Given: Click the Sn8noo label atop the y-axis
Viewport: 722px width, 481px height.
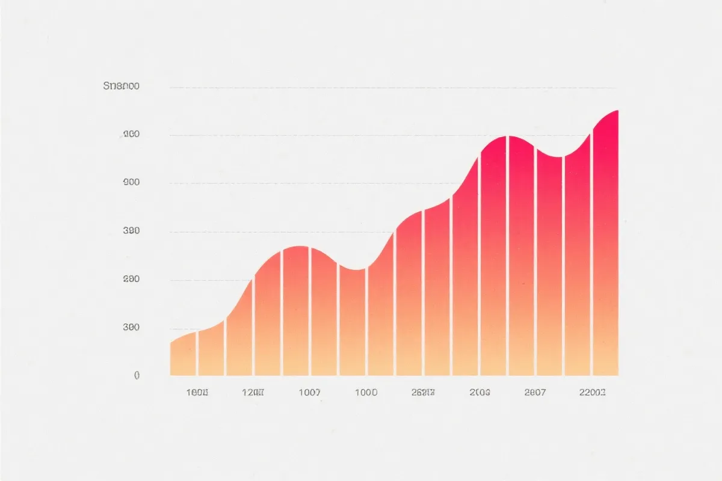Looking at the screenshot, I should click(122, 87).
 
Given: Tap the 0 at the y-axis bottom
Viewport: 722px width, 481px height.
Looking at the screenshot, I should click(137, 375).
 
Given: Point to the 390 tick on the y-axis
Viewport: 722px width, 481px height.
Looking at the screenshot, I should click(131, 231).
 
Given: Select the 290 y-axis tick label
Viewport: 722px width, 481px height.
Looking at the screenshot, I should click(131, 280).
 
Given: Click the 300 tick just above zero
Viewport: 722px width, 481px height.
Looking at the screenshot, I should click(131, 328).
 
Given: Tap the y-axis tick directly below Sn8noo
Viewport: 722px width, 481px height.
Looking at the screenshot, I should click(131, 135).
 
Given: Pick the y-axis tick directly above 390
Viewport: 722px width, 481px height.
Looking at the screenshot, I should click(131, 183).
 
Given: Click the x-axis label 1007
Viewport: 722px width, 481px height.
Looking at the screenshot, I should click(309, 393).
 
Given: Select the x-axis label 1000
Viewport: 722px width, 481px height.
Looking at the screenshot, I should click(366, 393).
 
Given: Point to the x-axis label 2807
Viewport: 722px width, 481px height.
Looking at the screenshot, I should click(535, 393).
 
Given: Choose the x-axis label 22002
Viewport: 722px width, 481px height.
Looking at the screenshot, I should click(592, 393).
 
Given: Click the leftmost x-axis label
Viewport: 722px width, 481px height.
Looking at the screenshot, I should click(197, 393).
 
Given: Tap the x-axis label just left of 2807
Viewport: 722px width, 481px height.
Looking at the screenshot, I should click(480, 393).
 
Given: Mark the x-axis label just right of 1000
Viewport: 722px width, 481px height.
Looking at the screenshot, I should click(423, 393).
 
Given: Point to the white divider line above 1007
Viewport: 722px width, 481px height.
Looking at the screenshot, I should click(310, 313).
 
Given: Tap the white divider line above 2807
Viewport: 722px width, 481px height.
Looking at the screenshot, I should click(535, 265).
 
